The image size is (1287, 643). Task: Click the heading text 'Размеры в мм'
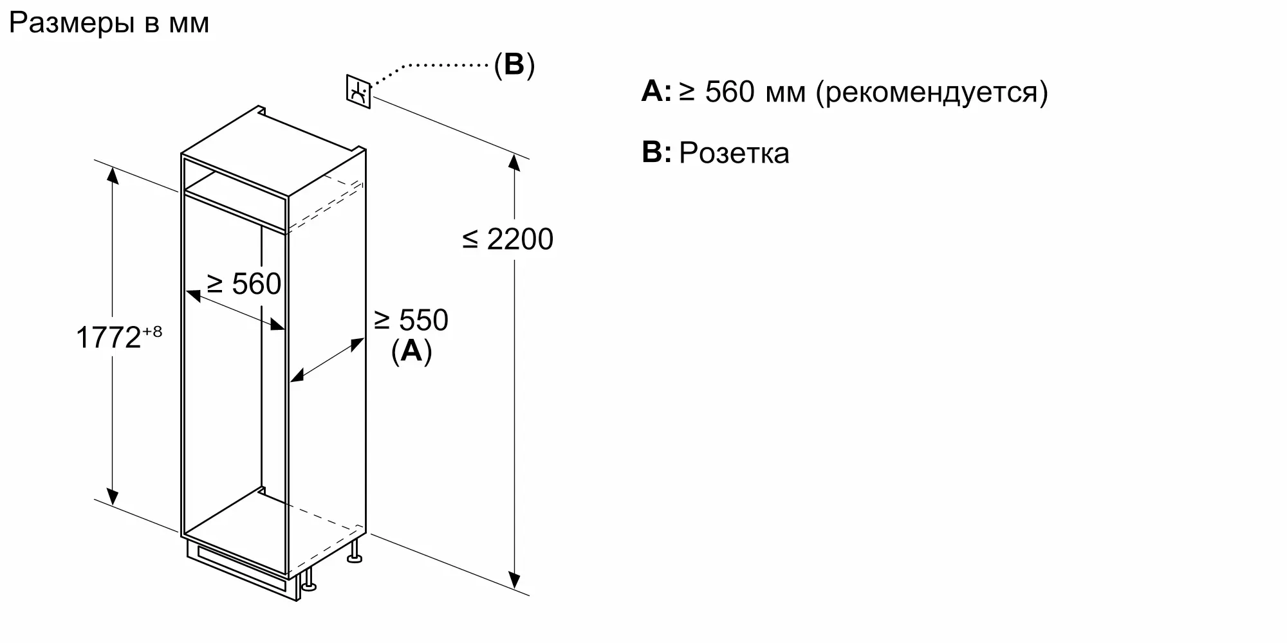[109, 24]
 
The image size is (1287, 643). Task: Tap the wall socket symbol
[358, 91]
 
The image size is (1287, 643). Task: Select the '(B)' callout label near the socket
[514, 65]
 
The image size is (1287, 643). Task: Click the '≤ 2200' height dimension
[508, 239]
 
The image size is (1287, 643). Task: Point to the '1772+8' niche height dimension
[118, 336]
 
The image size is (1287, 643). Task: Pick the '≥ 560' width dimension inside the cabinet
[244, 284]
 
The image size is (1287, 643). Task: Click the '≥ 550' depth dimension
[411, 320]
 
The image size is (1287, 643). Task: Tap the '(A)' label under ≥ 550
[411, 351]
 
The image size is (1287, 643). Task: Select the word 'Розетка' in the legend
[734, 154]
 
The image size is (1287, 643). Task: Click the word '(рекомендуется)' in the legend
[932, 92]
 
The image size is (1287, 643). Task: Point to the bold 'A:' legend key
[656, 92]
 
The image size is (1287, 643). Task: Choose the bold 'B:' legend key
[656, 153]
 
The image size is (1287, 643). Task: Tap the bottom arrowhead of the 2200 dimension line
[514, 581]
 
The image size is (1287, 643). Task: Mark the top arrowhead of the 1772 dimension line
[113, 175]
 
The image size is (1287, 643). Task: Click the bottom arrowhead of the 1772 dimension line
[113, 496]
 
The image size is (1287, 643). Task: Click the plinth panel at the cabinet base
[241, 569]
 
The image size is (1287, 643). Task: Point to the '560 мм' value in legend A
[755, 92]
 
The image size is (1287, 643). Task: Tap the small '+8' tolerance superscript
[153, 331]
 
